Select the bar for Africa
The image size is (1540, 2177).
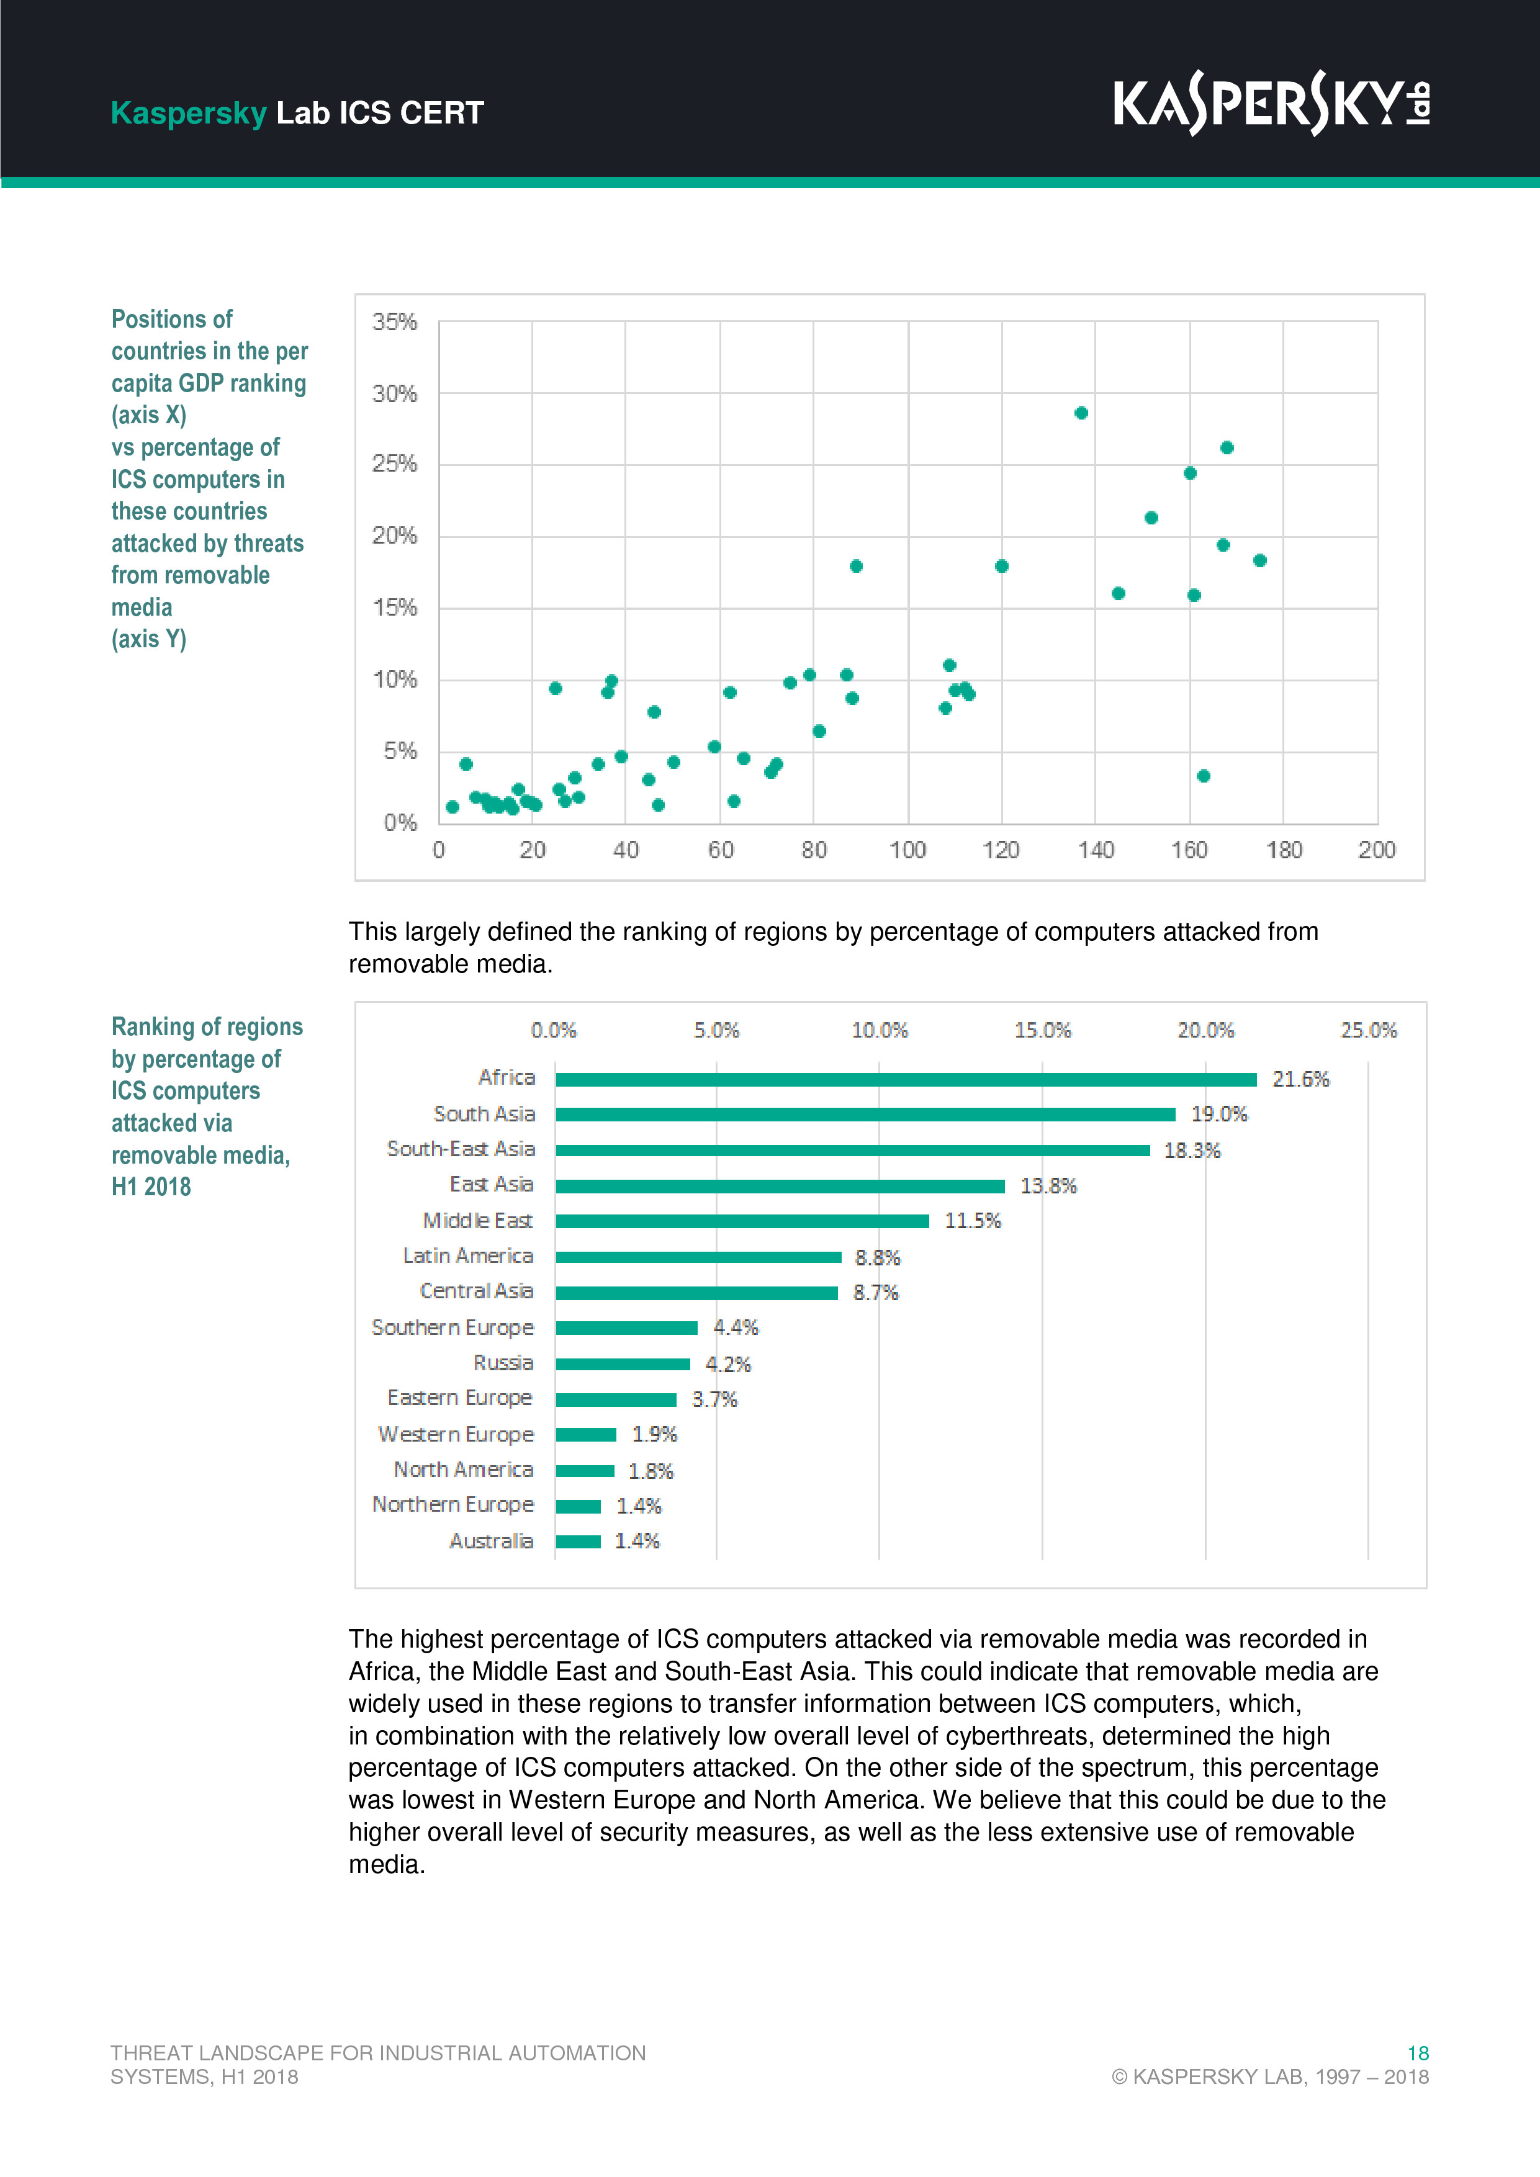pos(906,1079)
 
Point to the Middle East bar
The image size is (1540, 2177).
pos(742,1221)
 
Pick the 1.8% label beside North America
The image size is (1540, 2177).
pos(651,1471)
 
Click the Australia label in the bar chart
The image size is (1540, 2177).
pos(490,1542)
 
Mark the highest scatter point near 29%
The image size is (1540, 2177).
pos(1081,413)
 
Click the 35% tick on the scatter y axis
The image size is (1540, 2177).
pos(395,322)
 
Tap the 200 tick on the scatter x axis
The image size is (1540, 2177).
pos(1376,851)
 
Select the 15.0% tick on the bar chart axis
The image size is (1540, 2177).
pos(1042,1031)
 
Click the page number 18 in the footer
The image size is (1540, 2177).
pos(1418,2053)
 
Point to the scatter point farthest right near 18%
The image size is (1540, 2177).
pos(1259,560)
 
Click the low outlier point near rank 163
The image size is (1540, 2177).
pos(1204,776)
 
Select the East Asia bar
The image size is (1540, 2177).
pos(780,1186)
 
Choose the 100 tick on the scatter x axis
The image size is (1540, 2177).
pos(907,851)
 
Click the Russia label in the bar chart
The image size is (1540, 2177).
pos(503,1363)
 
